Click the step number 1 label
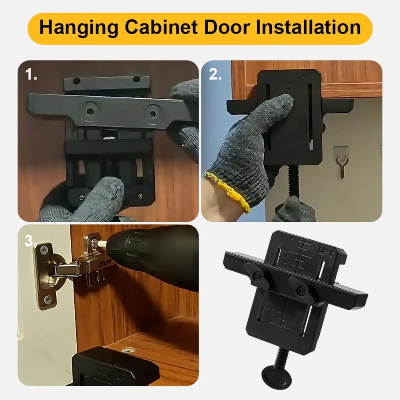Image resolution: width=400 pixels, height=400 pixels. pos(31,74)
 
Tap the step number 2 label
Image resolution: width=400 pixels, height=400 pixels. pos(215,74)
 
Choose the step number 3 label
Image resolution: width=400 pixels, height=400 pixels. pos(30,241)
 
